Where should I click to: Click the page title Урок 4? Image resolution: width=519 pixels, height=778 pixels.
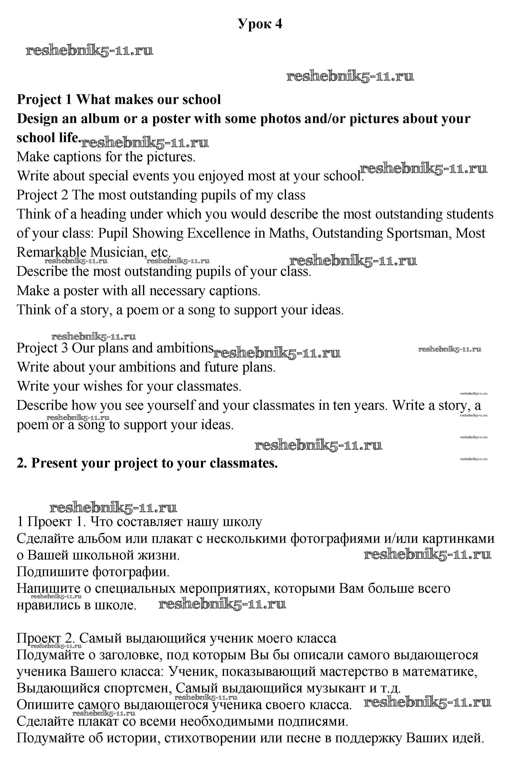tap(260, 24)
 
